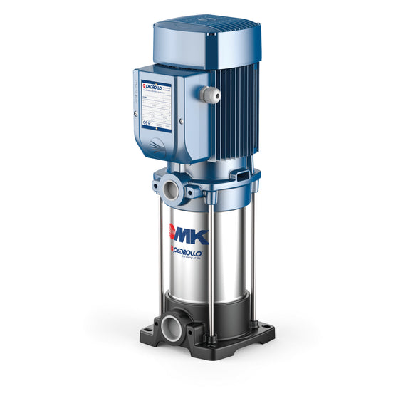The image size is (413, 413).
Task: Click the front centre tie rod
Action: click(211, 271)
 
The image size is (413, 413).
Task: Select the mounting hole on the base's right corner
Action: click(268, 328)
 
